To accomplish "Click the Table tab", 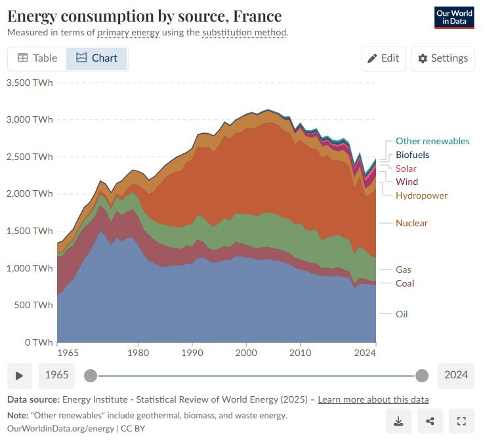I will point(37,58).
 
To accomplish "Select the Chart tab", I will point(96,58).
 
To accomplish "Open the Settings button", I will point(443,58).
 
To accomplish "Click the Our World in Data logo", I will point(454,17).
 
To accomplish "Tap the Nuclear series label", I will point(411,223).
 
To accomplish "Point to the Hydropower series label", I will point(421,195).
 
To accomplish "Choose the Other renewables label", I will point(432,141).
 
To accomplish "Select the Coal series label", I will point(405,283).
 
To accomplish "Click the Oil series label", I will point(402,314).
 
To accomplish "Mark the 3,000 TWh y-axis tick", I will point(29,119).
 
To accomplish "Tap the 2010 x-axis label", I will point(301,353).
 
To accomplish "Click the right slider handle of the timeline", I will point(422,375).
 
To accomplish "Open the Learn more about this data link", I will point(373,399).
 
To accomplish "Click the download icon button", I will point(398,421).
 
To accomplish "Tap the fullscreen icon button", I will point(461,421).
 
